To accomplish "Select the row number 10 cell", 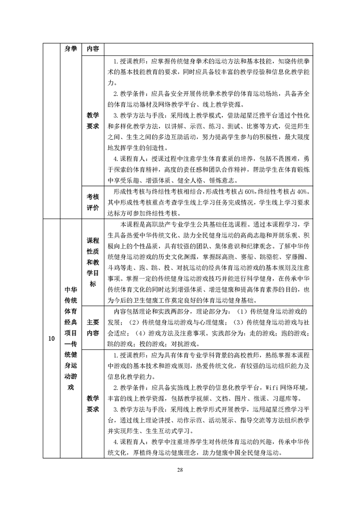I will click(51, 338).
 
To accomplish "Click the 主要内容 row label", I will click(93, 327).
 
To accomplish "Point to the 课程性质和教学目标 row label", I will click(93, 262).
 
